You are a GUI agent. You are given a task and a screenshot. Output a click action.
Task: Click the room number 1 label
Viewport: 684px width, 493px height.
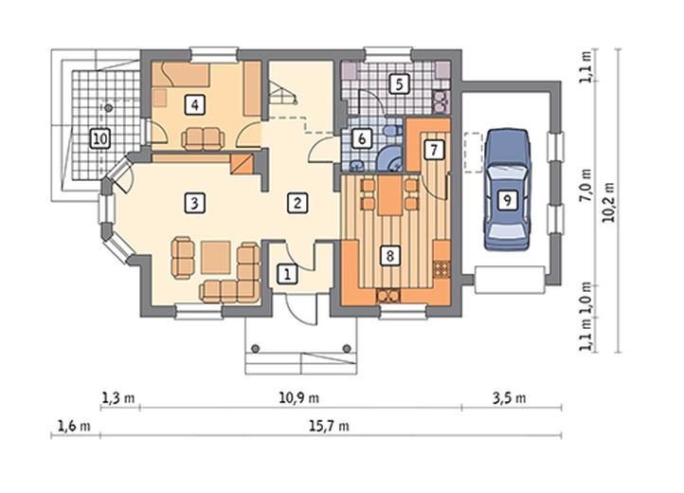click(x=287, y=274)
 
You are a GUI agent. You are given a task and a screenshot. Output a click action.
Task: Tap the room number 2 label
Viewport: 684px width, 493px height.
click(x=297, y=203)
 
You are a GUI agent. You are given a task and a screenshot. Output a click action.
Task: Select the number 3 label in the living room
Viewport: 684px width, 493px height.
click(x=194, y=203)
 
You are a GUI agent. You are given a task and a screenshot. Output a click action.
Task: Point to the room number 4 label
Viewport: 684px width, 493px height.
click(x=194, y=105)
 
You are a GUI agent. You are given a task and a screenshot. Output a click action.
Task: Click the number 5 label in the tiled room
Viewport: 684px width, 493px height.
click(x=399, y=84)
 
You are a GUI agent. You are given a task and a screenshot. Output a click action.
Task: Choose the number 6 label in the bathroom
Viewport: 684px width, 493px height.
click(x=361, y=138)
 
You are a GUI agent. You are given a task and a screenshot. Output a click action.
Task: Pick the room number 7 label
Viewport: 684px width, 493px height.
click(x=434, y=150)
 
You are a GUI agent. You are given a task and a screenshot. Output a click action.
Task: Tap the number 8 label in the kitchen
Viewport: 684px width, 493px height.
click(x=390, y=255)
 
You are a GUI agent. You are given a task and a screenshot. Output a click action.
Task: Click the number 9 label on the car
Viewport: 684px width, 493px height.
click(x=507, y=200)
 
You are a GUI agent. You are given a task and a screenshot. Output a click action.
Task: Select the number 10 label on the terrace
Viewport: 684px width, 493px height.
click(x=99, y=139)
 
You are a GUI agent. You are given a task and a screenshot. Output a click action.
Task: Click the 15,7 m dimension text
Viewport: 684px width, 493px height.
click(x=330, y=426)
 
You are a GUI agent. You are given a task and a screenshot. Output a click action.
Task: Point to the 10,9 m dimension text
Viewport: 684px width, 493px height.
click(x=298, y=398)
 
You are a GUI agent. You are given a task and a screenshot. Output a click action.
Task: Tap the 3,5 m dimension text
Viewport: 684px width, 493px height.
click(x=510, y=398)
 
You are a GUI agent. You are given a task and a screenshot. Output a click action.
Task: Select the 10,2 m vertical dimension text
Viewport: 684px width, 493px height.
click(x=608, y=202)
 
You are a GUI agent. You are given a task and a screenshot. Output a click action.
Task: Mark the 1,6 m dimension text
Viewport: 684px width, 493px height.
click(x=74, y=426)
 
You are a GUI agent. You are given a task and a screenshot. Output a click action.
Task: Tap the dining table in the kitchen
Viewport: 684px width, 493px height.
click(x=390, y=194)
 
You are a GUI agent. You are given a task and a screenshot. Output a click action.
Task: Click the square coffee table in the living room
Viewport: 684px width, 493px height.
click(x=216, y=257)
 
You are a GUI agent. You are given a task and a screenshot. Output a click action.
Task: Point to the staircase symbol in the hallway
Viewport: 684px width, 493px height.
click(x=281, y=93)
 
